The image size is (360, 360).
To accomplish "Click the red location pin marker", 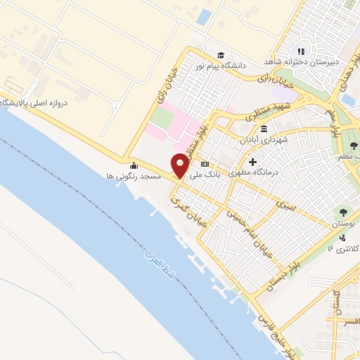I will pos(180,165).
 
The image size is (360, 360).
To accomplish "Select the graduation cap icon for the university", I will pos(221,55).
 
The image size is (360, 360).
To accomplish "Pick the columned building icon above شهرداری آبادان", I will pos(264,129).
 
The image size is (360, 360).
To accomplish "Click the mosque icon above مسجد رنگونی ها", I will pos(131,166).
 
